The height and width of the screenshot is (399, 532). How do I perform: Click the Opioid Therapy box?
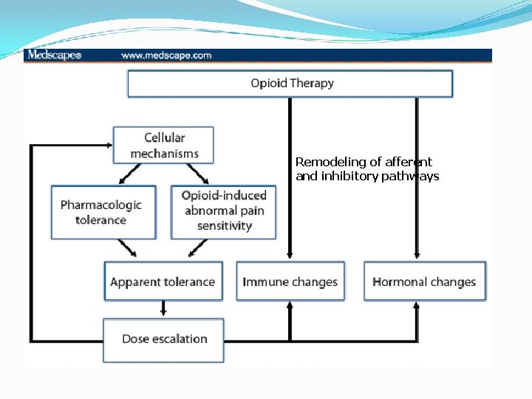[x=290, y=83]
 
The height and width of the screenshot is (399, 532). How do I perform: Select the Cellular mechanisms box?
[x=163, y=145]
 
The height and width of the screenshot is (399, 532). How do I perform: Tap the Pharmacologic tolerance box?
[x=103, y=212]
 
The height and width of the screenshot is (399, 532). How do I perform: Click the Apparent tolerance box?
[x=163, y=282]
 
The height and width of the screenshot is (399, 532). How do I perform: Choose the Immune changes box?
[x=290, y=282]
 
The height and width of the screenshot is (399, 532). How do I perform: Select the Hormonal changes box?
[x=424, y=282]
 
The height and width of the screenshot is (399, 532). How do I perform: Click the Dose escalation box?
[x=163, y=339]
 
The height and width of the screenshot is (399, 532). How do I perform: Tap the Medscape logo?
[x=53, y=55]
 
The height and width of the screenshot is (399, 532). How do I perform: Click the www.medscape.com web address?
[x=166, y=55]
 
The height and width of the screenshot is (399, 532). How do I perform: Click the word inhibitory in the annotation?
[x=349, y=177]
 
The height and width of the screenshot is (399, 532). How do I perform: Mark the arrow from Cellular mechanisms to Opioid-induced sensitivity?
[x=198, y=174]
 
